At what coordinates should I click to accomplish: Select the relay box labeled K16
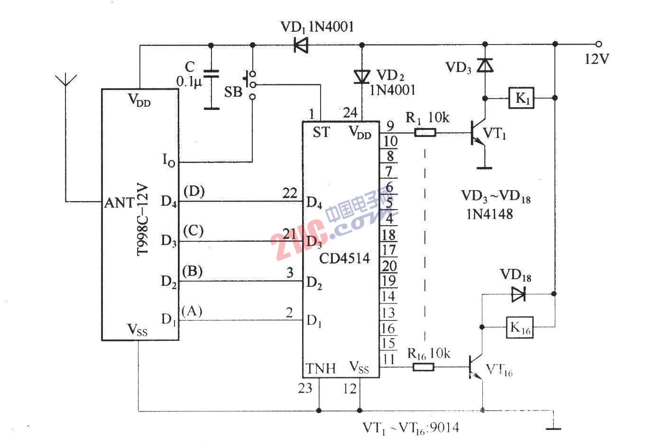point(520,327)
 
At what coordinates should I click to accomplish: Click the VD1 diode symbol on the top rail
point(301,45)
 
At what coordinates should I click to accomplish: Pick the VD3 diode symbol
point(485,65)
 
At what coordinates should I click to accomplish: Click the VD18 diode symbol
point(518,294)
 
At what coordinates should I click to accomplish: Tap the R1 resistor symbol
point(425,133)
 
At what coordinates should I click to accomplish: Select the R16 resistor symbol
point(423,366)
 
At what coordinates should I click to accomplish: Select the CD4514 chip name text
point(344,258)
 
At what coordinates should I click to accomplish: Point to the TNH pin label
point(321,368)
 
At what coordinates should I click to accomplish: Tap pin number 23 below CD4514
point(305,388)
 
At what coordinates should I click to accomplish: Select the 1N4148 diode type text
point(489,214)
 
